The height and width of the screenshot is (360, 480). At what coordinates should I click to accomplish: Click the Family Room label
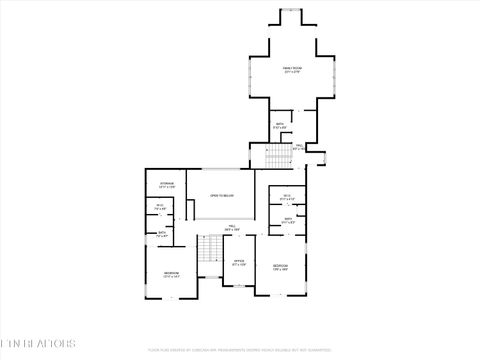[x=292, y=67]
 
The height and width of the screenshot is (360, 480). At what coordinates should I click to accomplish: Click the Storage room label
[x=168, y=183]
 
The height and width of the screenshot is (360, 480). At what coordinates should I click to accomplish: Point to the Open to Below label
[x=222, y=196]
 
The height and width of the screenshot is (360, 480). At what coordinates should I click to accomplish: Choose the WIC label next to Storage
[x=160, y=206]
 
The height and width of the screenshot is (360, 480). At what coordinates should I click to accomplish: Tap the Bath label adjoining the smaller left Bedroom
[x=163, y=233]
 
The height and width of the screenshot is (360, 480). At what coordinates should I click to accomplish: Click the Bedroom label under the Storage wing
[x=172, y=272]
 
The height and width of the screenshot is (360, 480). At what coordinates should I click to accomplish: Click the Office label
[x=239, y=262]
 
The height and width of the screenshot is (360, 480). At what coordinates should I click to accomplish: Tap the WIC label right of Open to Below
[x=287, y=195]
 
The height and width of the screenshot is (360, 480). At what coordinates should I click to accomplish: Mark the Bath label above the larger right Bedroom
[x=287, y=218]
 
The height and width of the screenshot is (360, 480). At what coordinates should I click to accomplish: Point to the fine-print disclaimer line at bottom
[x=239, y=350]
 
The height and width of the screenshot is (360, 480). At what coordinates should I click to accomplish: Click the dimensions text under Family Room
[x=292, y=72]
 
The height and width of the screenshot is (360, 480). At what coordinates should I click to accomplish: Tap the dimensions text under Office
[x=239, y=266]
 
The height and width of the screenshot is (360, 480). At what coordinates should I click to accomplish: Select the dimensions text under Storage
[x=168, y=187]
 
